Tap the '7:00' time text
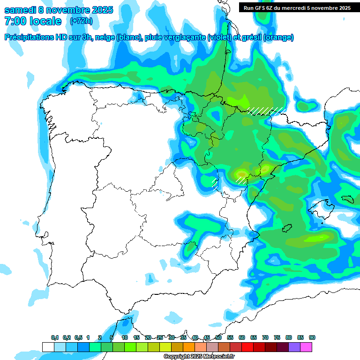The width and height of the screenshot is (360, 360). click(x=15, y=21)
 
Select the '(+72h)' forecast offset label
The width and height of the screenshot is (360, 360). click(x=81, y=21)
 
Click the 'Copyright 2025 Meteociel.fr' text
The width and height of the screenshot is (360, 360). click(x=199, y=357)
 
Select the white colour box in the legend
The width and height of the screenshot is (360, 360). click(x=48, y=347)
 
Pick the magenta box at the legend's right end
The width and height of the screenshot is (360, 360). click(x=306, y=347)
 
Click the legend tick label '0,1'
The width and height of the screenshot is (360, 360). click(x=55, y=337)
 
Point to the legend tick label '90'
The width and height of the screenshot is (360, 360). click(x=312, y=337)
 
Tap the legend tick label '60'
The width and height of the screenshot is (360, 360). click(x=242, y=337)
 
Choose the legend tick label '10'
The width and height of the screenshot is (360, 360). click(x=125, y=337)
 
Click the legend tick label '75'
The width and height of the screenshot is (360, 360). click(x=277, y=337)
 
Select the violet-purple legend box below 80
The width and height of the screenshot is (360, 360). click(x=294, y=347)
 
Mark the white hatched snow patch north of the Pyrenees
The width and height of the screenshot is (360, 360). click(x=266, y=111)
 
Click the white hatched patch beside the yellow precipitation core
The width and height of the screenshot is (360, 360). click(x=241, y=180)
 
